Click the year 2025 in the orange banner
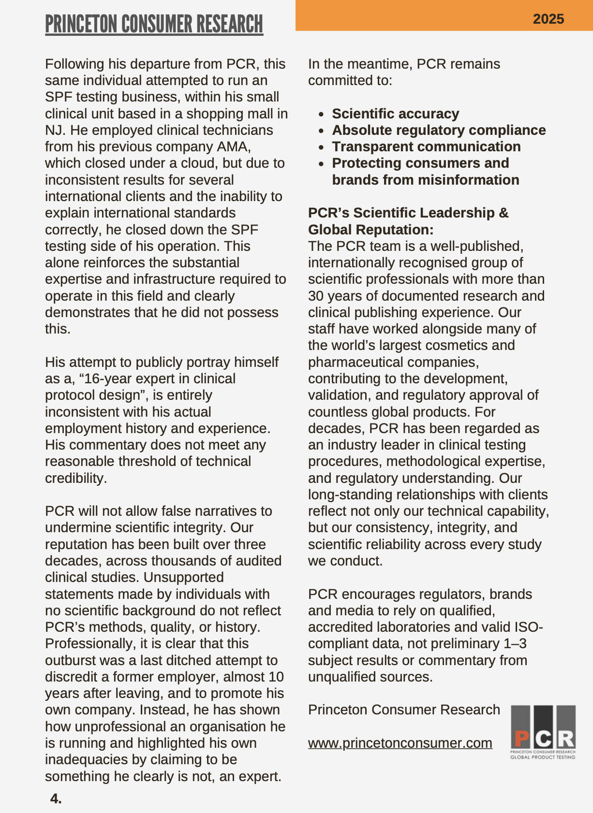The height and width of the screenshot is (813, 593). coord(548,19)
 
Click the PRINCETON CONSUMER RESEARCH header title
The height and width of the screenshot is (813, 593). coord(154,24)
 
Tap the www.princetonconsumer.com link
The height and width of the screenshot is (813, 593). coord(400,743)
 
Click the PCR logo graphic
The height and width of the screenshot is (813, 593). coord(543,732)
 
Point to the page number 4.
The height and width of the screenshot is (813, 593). coord(56,798)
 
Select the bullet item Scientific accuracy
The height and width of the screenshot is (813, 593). coord(395,114)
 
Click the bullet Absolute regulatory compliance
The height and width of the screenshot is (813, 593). coord(438,130)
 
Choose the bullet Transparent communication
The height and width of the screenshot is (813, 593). coord(426,146)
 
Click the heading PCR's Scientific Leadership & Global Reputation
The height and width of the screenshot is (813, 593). coord(408,221)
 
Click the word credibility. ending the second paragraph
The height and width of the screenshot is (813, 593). coord(75,478)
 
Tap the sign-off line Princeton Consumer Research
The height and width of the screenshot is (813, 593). coord(404,710)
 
